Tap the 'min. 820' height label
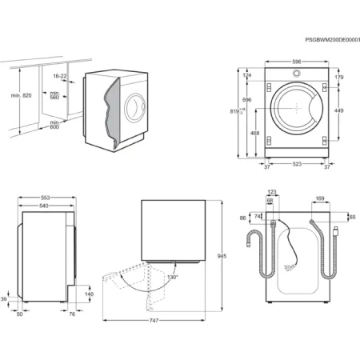pos(22,95)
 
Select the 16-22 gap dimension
pos(60,76)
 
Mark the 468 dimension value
pos(254,134)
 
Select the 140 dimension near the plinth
pos(90,294)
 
